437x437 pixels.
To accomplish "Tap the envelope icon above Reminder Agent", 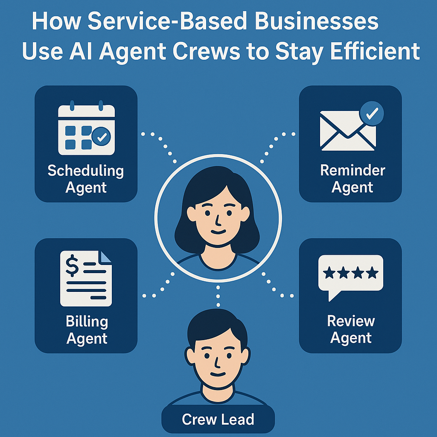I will click(x=348, y=130).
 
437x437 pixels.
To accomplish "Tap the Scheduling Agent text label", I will click(x=86, y=179).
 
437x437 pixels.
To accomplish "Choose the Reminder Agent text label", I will click(x=353, y=178).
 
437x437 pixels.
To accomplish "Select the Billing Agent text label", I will click(x=87, y=330).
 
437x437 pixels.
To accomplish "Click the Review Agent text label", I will click(x=351, y=329).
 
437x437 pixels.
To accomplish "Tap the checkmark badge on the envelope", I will click(x=372, y=113).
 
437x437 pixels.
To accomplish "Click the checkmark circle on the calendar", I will click(x=102, y=137).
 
